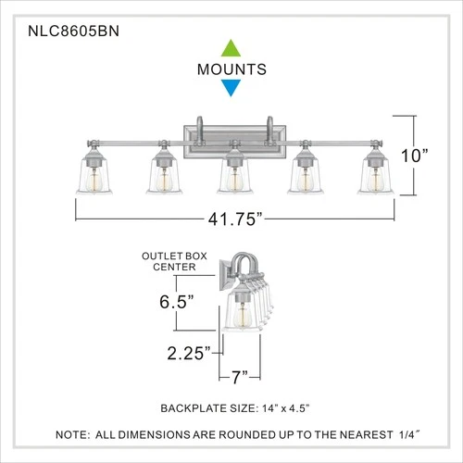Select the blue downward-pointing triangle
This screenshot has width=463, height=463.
tap(231, 89)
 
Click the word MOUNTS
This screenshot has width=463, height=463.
tap(231, 69)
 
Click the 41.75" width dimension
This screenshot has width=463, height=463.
tap(231, 219)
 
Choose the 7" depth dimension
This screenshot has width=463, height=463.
tap(240, 378)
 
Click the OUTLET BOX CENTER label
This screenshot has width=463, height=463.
tap(169, 262)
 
